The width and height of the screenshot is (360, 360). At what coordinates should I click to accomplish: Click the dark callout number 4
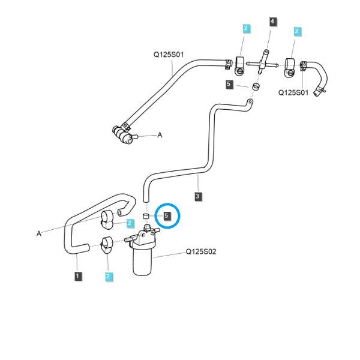(272, 22)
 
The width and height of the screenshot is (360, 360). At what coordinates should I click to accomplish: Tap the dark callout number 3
(197, 196)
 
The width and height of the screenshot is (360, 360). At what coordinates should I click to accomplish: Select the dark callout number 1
(77, 276)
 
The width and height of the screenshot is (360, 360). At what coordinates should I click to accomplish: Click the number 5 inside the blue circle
(167, 216)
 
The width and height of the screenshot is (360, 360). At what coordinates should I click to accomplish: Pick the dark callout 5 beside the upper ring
(229, 84)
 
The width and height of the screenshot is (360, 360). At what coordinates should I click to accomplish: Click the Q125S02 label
(201, 251)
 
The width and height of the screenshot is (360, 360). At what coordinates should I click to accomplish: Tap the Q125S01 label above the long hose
(169, 55)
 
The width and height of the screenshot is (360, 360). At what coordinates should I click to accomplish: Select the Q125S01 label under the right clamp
(293, 92)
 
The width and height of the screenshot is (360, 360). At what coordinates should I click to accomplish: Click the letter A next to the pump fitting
(160, 135)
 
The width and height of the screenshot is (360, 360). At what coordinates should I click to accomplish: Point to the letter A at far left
(39, 233)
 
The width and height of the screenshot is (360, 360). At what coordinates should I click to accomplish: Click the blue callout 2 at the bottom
(109, 277)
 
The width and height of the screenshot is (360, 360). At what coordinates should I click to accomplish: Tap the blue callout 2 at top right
(297, 31)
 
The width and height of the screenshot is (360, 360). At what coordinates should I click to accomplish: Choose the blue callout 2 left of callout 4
(246, 28)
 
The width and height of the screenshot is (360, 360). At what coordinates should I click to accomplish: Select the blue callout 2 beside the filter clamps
(130, 223)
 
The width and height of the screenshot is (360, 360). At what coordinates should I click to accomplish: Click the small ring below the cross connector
(256, 87)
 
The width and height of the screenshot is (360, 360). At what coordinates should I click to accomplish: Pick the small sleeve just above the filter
(146, 216)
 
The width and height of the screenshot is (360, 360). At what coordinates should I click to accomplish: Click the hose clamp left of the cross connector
(239, 66)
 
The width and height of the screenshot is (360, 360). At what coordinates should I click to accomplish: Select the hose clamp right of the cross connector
(290, 68)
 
